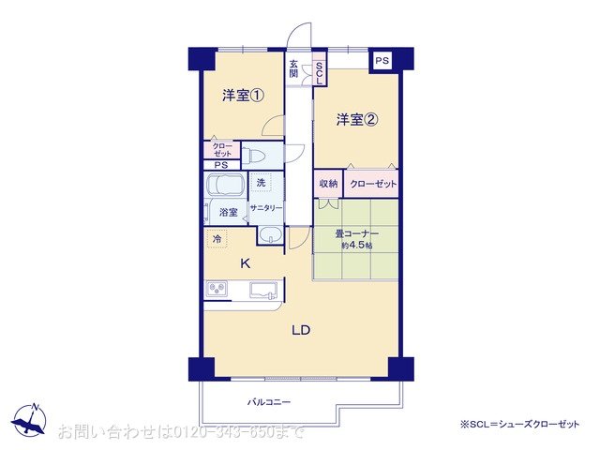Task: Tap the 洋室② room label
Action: (x=357, y=119)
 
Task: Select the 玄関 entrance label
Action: (x=293, y=69)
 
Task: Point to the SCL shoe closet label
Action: (x=319, y=73)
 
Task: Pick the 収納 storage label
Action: (x=327, y=184)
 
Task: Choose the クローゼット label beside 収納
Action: (x=372, y=184)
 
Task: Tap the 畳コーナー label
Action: (x=356, y=233)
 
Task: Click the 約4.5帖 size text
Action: (x=356, y=246)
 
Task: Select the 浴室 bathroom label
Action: (x=228, y=212)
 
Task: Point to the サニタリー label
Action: (x=265, y=208)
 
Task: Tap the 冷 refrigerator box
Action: (x=217, y=240)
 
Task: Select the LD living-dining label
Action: (x=300, y=330)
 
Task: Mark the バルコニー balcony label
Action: (x=269, y=401)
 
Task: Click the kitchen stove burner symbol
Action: (x=217, y=288)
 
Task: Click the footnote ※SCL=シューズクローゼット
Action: (x=519, y=425)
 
